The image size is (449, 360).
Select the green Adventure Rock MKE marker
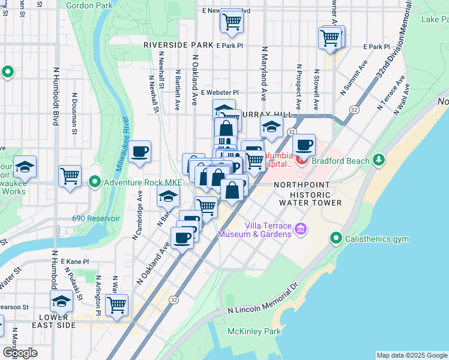(x=95, y=181)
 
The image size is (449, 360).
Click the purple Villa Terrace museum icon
(x=301, y=229)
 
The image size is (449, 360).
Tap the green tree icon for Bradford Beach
(x=378, y=160)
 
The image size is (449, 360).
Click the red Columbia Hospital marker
(x=301, y=160)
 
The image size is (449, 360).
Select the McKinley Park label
(x=255, y=331)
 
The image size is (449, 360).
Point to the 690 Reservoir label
(x=96, y=219)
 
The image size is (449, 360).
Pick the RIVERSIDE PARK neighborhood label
(x=178, y=45)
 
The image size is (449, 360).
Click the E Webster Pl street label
(x=220, y=92)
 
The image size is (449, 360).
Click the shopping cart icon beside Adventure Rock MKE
(x=70, y=176)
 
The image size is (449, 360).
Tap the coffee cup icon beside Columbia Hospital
(x=304, y=144)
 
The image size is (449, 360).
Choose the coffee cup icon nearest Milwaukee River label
(x=140, y=151)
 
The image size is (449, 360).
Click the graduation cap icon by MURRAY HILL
(x=271, y=127)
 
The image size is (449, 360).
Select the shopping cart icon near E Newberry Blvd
(x=231, y=21)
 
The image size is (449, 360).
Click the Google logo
(x=20, y=353)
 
